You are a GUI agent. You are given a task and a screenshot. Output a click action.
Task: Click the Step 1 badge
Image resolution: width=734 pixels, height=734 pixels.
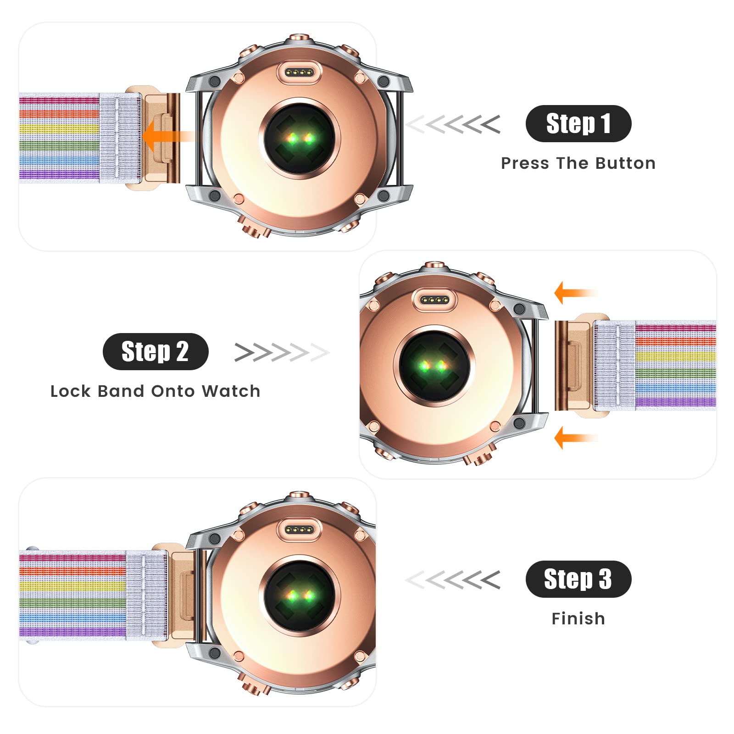click(x=578, y=123)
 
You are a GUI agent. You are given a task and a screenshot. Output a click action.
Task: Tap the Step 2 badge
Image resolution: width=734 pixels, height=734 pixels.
click(x=156, y=351)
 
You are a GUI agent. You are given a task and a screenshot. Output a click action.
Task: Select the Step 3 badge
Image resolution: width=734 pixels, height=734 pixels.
click(x=578, y=579)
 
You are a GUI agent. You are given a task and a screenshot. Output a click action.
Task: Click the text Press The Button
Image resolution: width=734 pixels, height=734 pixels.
click(x=578, y=163)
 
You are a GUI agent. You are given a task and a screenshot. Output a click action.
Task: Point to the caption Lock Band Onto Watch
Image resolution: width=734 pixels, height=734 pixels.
click(x=156, y=391)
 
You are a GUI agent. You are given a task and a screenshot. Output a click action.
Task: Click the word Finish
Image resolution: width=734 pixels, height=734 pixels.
click(x=578, y=619)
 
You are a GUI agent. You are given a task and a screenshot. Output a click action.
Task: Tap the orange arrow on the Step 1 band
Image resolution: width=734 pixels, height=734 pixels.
click(x=167, y=136)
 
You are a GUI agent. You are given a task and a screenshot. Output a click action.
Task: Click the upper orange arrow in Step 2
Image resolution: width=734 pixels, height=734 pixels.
click(x=576, y=293)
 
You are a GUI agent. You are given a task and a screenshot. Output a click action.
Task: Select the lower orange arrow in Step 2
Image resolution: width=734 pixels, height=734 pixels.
click(x=576, y=438)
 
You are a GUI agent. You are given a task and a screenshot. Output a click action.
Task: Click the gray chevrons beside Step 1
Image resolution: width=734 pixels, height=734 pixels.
click(x=453, y=124)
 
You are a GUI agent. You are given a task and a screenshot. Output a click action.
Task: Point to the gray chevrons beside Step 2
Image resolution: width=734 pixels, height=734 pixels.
click(x=282, y=352)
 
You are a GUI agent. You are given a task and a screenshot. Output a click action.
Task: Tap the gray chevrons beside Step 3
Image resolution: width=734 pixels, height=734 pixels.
click(x=453, y=580)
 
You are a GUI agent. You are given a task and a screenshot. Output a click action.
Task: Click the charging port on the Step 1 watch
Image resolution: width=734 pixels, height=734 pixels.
click(x=299, y=72)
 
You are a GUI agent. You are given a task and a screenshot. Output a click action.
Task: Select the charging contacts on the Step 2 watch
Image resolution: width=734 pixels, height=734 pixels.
click(x=434, y=300)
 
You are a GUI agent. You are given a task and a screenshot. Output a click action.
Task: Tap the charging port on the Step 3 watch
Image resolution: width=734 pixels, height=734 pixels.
click(x=299, y=530)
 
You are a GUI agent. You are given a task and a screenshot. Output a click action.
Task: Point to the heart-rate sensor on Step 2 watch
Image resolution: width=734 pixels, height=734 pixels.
click(x=434, y=366)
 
